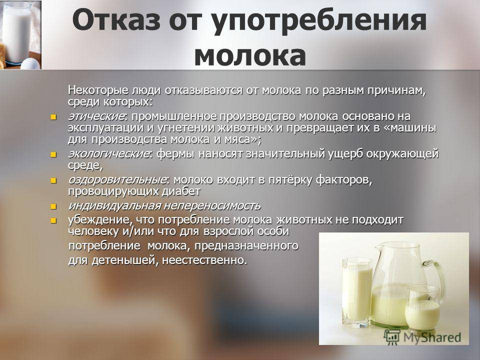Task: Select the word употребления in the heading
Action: pyautogui.click(x=319, y=22)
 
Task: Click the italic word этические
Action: pyautogui.click(x=96, y=116)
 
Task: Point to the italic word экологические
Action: pyautogui.click(x=109, y=153)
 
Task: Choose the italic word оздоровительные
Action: pyautogui.click(x=117, y=179)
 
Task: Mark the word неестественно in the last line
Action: pyautogui.click(x=204, y=260)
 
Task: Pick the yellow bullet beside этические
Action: pyautogui.click(x=53, y=117)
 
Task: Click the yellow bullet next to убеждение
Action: pyautogui.click(x=53, y=220)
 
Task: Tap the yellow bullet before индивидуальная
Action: pyautogui.click(x=53, y=206)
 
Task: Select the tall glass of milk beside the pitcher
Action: pyautogui.click(x=357, y=292)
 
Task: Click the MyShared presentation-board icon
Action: pyautogui.click(x=392, y=336)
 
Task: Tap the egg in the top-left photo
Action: pyautogui.click(x=30, y=63)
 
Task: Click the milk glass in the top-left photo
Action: pyautogui.click(x=16, y=33)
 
